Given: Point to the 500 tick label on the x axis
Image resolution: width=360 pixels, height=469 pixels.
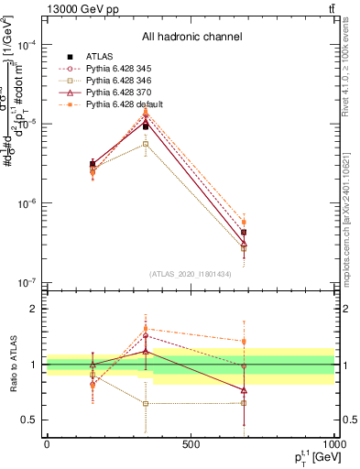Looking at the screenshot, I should coord(191,444).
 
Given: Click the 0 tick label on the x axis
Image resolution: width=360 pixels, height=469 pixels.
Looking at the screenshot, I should coord(47,444).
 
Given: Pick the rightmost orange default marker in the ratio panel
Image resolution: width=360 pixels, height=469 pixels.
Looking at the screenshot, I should coord(244,341).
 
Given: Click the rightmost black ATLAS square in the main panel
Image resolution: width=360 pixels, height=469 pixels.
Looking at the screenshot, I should coord(244,233).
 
